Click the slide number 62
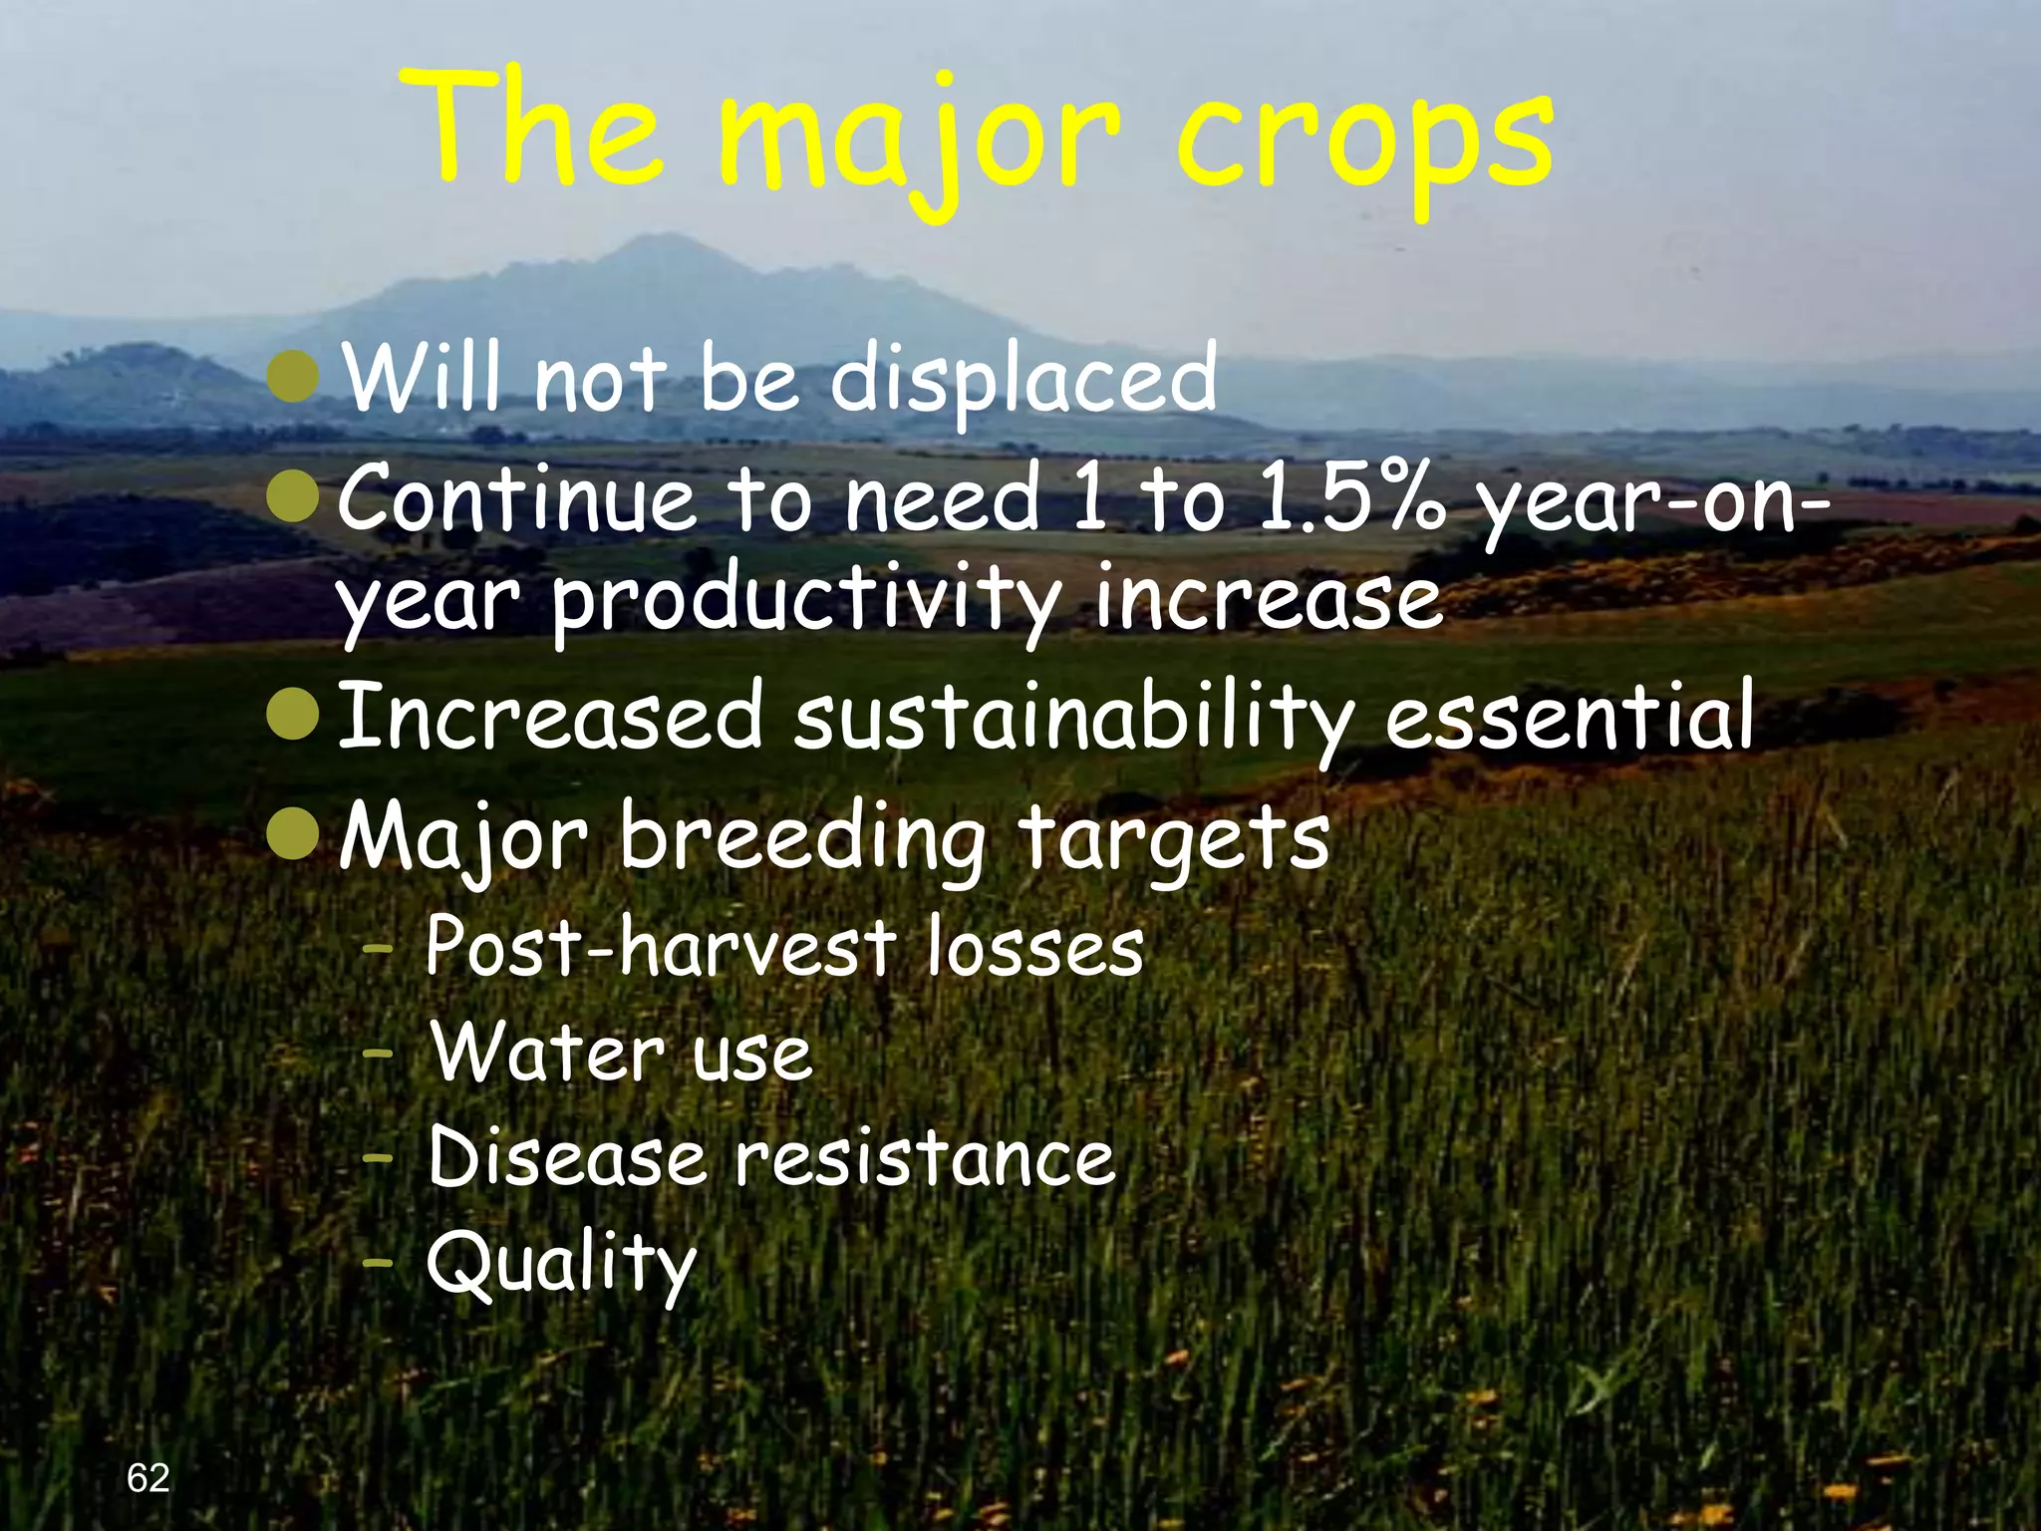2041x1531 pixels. tap(148, 1477)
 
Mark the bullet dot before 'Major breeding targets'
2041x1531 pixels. tap(295, 834)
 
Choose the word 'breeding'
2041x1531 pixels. tap(802, 838)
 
